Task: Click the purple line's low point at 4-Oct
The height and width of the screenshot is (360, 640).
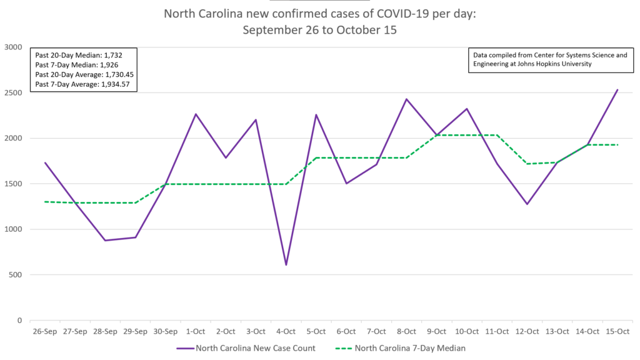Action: [286, 265]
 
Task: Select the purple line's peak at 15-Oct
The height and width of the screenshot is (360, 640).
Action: [617, 89]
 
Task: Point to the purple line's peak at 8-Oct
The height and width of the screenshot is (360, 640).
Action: [406, 99]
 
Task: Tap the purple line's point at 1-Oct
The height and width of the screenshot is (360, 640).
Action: [196, 114]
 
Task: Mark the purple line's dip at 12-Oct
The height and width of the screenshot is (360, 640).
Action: [527, 204]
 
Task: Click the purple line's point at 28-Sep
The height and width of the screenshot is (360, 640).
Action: [105, 241]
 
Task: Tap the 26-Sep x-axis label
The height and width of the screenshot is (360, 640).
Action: [44, 331]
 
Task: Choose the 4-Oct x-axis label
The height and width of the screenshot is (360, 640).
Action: [286, 331]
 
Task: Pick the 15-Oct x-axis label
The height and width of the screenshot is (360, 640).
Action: [617, 331]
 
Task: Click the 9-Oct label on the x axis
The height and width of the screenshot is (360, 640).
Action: [436, 331]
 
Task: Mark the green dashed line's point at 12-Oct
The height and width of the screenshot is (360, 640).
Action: [527, 164]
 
